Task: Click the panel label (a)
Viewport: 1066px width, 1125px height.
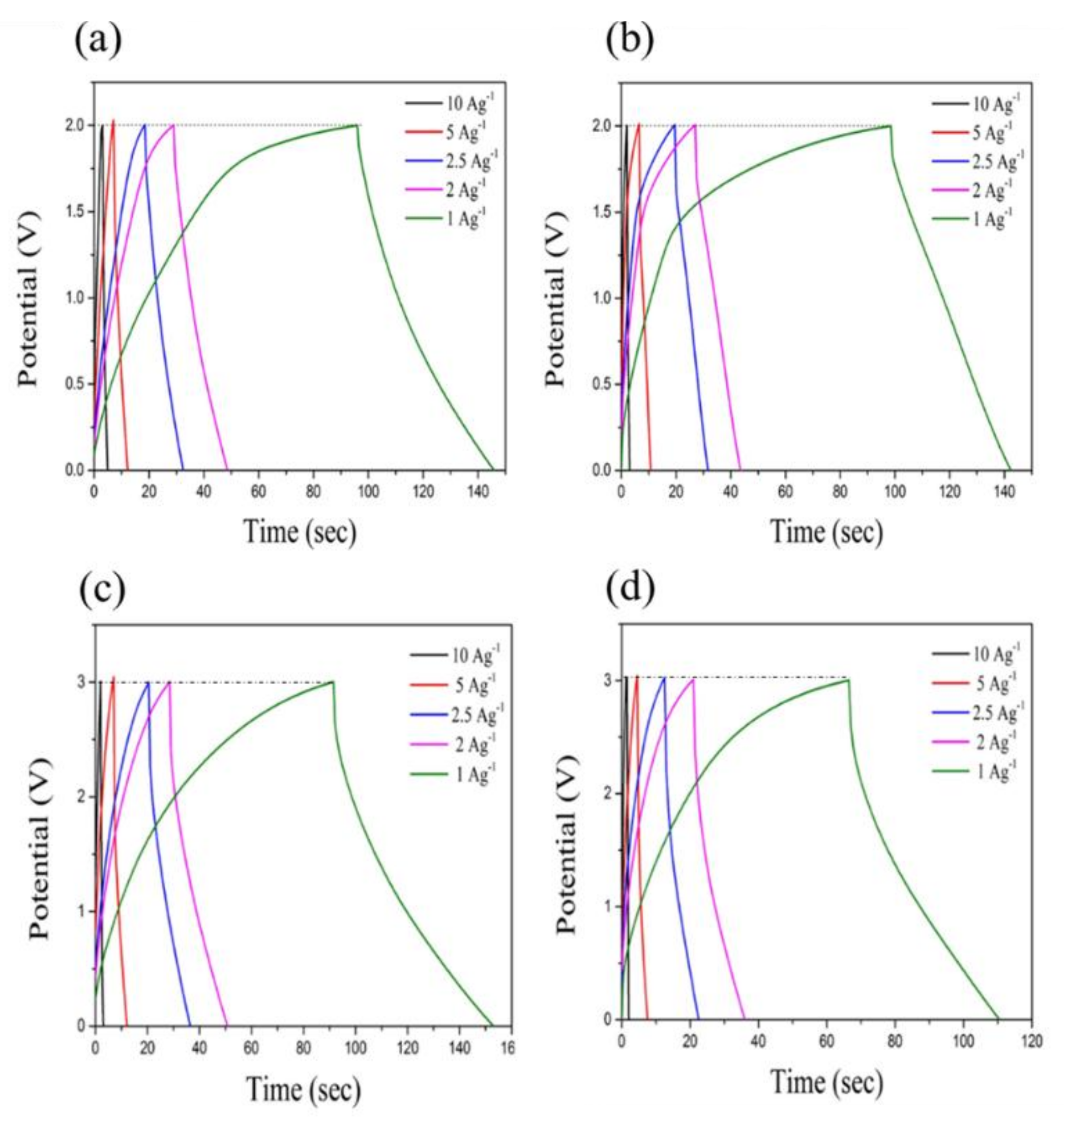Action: click(x=98, y=41)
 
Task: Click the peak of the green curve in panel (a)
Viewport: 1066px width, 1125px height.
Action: click(x=357, y=126)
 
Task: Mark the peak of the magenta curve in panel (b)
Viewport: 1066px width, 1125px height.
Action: click(x=694, y=125)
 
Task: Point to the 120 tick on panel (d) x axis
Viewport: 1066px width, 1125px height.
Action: click(x=1031, y=1041)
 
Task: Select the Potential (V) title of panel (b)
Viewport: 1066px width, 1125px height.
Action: click(x=557, y=299)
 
